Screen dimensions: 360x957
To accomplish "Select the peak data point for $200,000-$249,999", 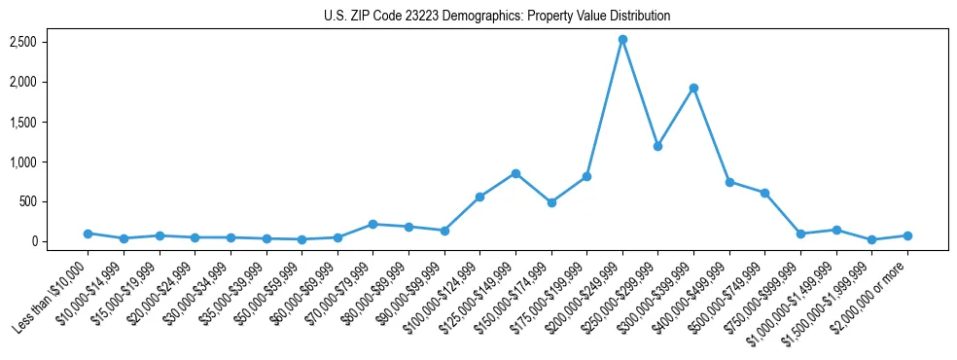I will [x=622, y=40].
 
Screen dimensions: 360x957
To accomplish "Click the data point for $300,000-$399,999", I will [x=693, y=89].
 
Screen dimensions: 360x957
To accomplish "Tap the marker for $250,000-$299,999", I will [x=658, y=146].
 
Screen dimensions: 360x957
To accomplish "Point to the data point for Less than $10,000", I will [x=88, y=234].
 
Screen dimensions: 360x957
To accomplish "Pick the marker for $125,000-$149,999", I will [x=515, y=173].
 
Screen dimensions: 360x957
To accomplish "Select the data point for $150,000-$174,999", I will [x=551, y=202].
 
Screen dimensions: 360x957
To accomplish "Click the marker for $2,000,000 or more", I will [x=907, y=235].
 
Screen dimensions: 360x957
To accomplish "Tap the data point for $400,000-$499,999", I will [x=729, y=182].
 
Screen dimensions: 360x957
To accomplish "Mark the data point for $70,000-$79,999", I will [x=373, y=224].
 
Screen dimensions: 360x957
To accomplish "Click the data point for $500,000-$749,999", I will [x=764, y=193].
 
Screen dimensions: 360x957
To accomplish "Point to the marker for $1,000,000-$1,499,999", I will [x=836, y=230].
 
